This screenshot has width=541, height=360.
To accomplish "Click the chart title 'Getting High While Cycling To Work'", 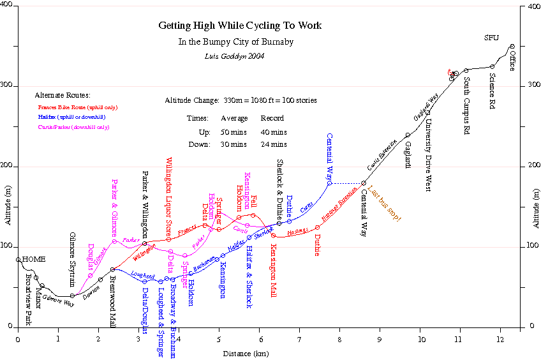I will coord(240,26).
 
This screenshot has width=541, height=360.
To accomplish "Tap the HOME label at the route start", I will coord(34,259).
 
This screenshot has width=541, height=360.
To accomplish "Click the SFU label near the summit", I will coord(491,38).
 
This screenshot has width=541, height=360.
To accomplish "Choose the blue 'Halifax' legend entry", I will coord(71,117).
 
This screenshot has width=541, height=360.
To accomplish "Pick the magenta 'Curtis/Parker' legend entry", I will coord(74,128).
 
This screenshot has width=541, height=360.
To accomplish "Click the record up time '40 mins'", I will coord(274,132).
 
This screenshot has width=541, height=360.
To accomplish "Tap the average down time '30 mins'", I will coord(234,144).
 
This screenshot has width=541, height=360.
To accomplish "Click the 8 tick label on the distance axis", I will coord(339,339).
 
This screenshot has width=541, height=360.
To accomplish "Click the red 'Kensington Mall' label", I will coord(273,271).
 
